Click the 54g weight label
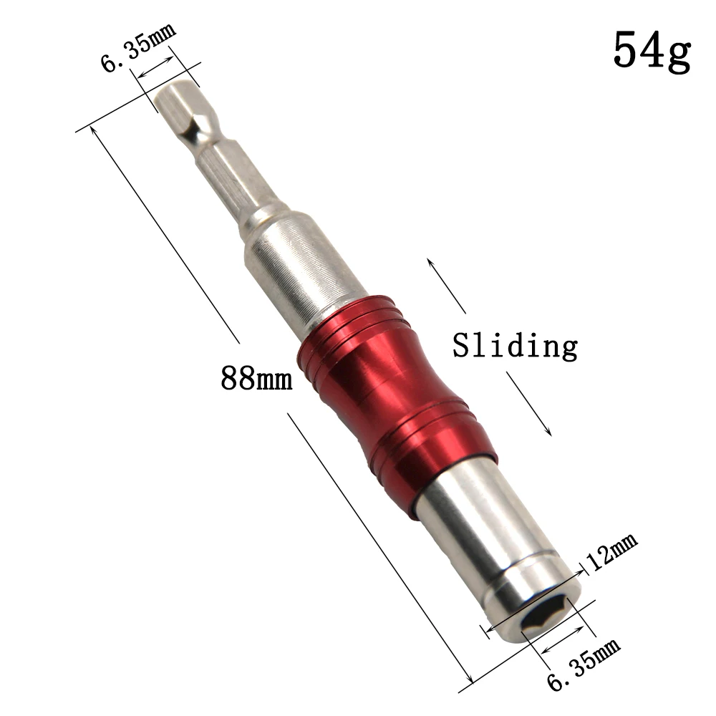pyautogui.click(x=652, y=50)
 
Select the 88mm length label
pyautogui.click(x=256, y=377)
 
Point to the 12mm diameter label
pyautogui.click(x=611, y=553)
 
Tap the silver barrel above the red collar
pyautogui.click(x=286, y=269)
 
